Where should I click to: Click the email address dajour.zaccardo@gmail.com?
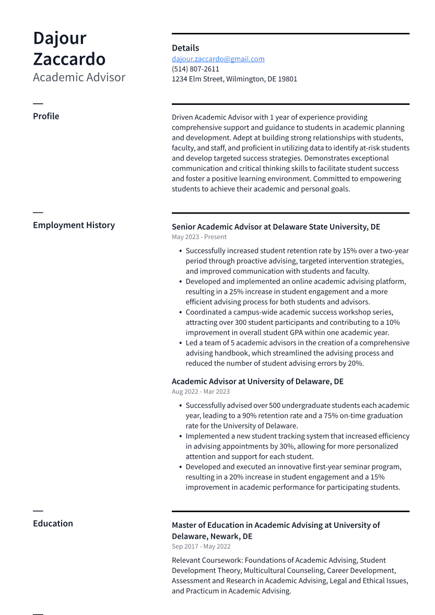pyautogui.click(x=218, y=59)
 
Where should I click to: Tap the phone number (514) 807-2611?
pyautogui.click(x=195, y=69)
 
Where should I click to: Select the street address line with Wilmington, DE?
pyautogui.click(x=234, y=79)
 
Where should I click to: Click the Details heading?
pyautogui.click(x=185, y=48)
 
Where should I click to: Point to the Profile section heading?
pyautogui.click(x=46, y=116)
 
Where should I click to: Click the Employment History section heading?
pyautogui.click(x=74, y=225)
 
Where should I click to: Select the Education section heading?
pyautogui.click(x=53, y=523)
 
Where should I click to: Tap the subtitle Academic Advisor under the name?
pyautogui.click(x=79, y=77)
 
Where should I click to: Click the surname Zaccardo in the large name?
pyautogui.click(x=69, y=58)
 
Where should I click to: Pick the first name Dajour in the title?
pyautogui.click(x=60, y=38)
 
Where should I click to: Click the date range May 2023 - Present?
pyautogui.click(x=199, y=237)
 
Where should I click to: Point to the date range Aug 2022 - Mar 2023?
pyautogui.click(x=201, y=392)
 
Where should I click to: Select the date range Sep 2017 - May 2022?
pyautogui.click(x=201, y=547)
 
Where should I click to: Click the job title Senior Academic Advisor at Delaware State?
pyautogui.click(x=276, y=227)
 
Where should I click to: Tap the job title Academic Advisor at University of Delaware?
pyautogui.click(x=257, y=382)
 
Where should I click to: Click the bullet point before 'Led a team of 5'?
pyautogui.click(x=180, y=343)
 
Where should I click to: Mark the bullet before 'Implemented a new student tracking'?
pyautogui.click(x=180, y=436)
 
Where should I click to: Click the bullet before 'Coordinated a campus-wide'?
pyautogui.click(x=180, y=312)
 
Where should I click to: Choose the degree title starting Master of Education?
pyautogui.click(x=276, y=530)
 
